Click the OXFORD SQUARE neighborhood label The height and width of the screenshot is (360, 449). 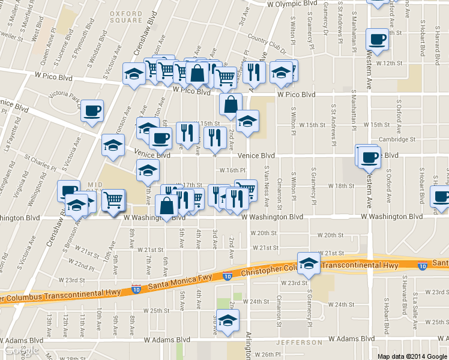pyautogui.click(x=127, y=16)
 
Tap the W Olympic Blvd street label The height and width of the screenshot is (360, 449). pyautogui.click(x=292, y=4)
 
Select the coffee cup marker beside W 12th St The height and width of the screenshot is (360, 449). pyautogui.click(x=377, y=40)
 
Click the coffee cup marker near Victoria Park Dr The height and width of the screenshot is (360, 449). pyautogui.click(x=92, y=111)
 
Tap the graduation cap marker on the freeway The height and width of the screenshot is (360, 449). pyautogui.click(x=309, y=263)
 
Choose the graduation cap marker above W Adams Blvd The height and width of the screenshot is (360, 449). pyautogui.click(x=228, y=321)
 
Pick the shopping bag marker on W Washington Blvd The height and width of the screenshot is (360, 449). pyautogui.click(x=166, y=206)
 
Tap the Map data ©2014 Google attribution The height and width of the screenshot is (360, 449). pyautogui.click(x=412, y=356)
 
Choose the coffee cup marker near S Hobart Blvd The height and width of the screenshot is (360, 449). pyautogui.click(x=441, y=197)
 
